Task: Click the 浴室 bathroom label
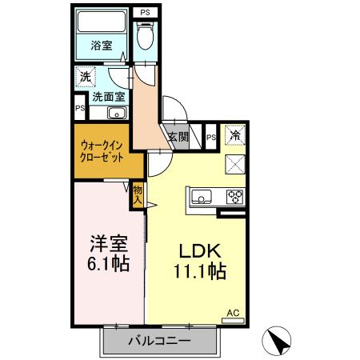click(x=101, y=46)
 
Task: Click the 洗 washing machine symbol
click(x=86, y=78)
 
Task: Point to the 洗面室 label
click(x=108, y=97)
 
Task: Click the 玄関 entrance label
click(x=178, y=137)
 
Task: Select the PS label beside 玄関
click(x=210, y=137)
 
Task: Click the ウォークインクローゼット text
click(x=102, y=153)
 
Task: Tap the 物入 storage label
click(x=138, y=194)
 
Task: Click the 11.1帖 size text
click(x=198, y=270)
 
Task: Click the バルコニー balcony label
click(x=160, y=342)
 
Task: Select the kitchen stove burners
click(x=235, y=195)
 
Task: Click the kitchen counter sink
click(x=200, y=195)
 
